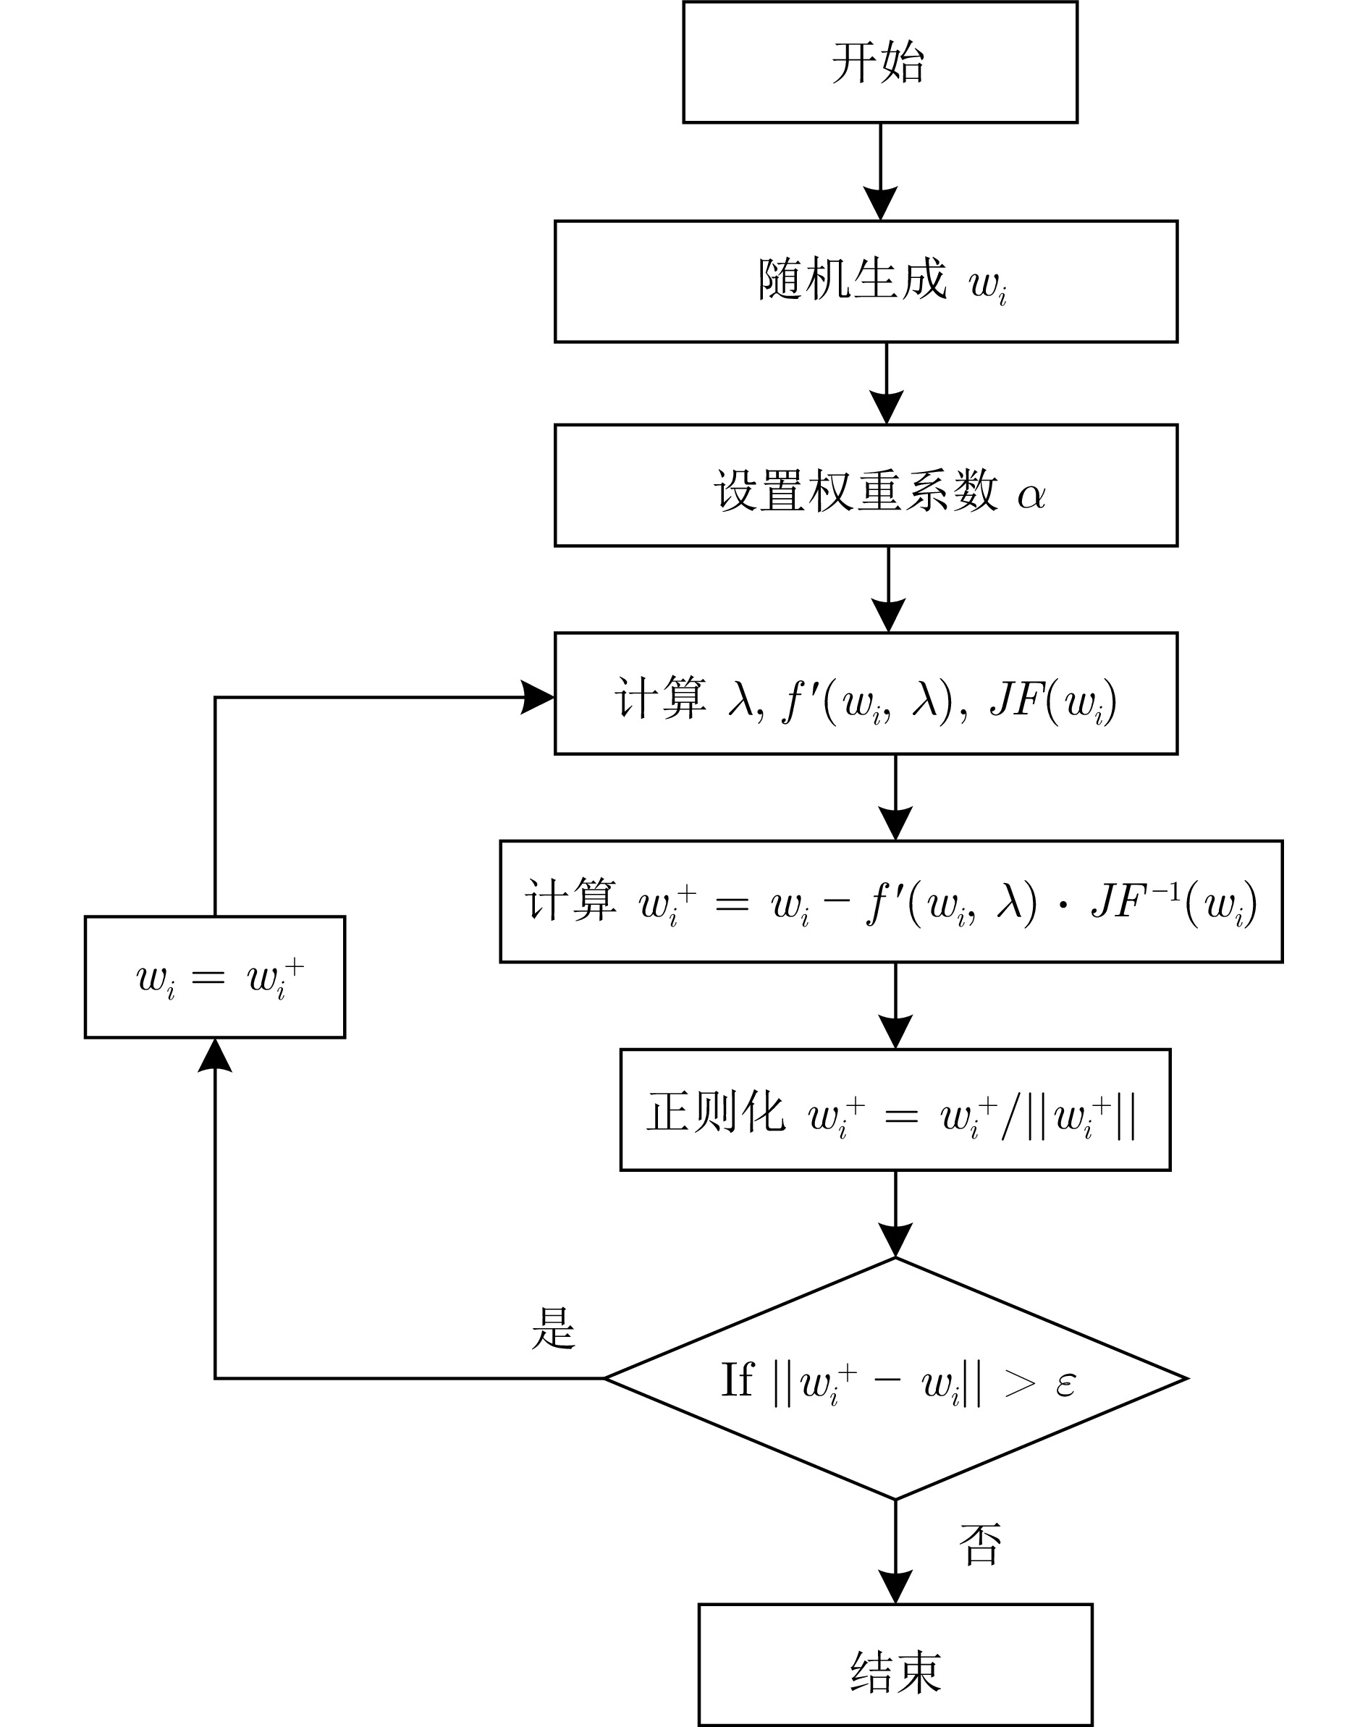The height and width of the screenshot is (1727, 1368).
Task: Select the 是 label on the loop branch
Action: point(554,1328)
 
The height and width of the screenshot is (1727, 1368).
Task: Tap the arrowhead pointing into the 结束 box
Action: point(895,1587)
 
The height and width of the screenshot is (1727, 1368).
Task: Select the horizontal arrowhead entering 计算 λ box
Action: point(537,697)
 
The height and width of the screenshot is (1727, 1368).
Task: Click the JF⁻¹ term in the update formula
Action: point(1136,902)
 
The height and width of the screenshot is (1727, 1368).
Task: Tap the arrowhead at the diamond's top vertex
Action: point(895,1241)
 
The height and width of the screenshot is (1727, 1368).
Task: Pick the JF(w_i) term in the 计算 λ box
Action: point(1053,700)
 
